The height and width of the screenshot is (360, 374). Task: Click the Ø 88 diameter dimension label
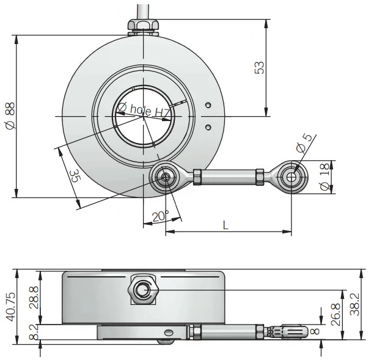(10, 116)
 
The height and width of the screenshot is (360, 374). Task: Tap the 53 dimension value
(260, 68)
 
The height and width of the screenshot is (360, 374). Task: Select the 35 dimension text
(75, 176)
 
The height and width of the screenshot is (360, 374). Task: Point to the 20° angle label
(160, 216)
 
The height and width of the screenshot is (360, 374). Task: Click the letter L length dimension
(226, 225)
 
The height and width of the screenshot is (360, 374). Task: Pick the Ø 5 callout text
(304, 143)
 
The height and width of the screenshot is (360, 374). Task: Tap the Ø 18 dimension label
(325, 177)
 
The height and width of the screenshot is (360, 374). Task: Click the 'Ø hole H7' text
(144, 110)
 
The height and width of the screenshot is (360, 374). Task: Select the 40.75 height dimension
(11, 307)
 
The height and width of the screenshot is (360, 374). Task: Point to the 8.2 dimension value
(34, 332)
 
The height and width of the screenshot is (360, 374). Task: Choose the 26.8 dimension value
(336, 314)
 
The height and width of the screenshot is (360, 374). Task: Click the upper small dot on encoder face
(208, 105)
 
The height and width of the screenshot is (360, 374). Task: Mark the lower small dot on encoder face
(208, 127)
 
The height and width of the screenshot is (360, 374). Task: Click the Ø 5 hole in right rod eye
(291, 177)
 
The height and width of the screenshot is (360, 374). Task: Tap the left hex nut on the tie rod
(197, 177)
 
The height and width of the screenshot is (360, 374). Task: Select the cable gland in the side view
(143, 290)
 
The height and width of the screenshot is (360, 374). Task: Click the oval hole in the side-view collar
(169, 332)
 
